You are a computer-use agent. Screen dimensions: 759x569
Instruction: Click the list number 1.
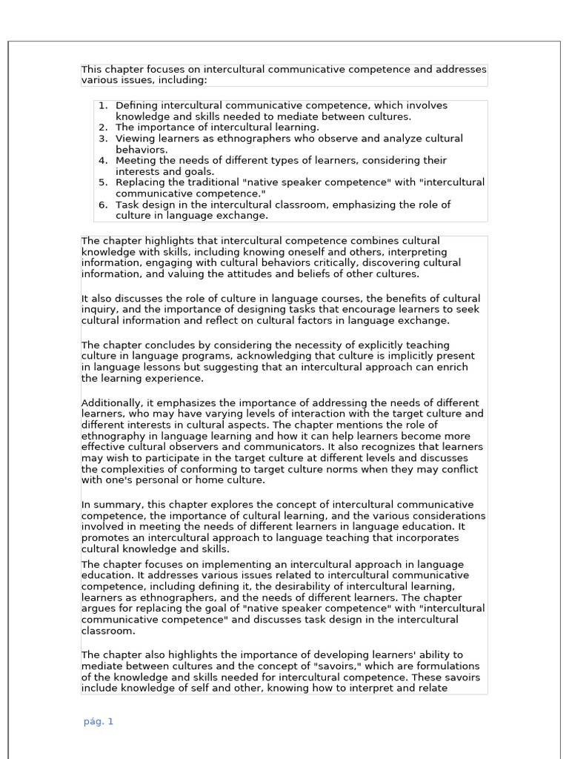tap(102, 106)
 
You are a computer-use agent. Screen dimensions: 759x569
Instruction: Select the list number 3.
tap(102, 139)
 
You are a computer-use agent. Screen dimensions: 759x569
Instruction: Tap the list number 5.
tap(102, 182)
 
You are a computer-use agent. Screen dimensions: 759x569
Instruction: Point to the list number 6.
tap(102, 205)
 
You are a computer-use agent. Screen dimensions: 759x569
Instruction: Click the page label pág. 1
tap(99, 721)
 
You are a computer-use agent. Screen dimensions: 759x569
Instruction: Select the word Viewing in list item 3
tap(136, 139)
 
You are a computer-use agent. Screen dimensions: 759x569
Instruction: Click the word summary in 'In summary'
tap(117, 505)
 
